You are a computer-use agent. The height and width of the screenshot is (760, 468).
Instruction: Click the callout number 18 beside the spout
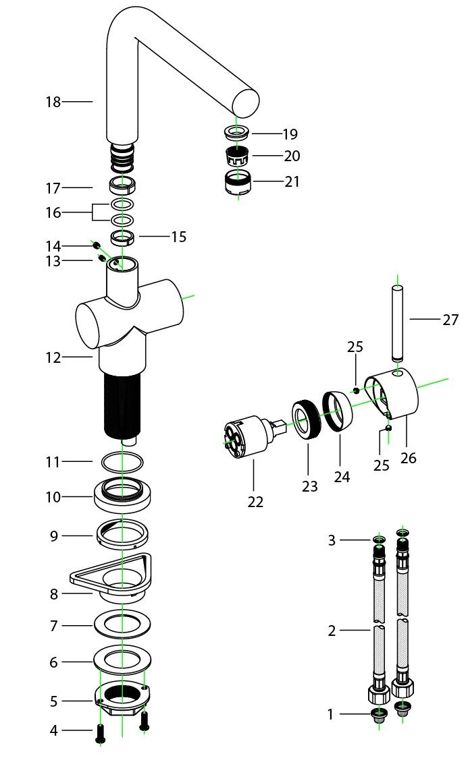coord(53,102)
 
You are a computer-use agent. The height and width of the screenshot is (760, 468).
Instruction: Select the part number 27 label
coord(450,320)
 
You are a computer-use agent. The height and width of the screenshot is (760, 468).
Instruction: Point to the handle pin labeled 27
coord(398,323)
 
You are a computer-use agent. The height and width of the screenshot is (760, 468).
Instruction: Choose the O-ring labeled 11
coord(122,463)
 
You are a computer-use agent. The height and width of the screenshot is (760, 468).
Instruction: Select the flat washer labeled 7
coord(122,624)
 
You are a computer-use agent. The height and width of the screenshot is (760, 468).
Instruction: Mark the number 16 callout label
coord(53,212)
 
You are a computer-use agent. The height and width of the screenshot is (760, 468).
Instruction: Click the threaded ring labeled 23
coord(308,421)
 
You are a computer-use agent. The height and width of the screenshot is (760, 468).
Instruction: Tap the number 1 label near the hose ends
coord(330,714)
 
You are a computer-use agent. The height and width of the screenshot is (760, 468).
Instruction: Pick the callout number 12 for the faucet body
coord(53,357)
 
